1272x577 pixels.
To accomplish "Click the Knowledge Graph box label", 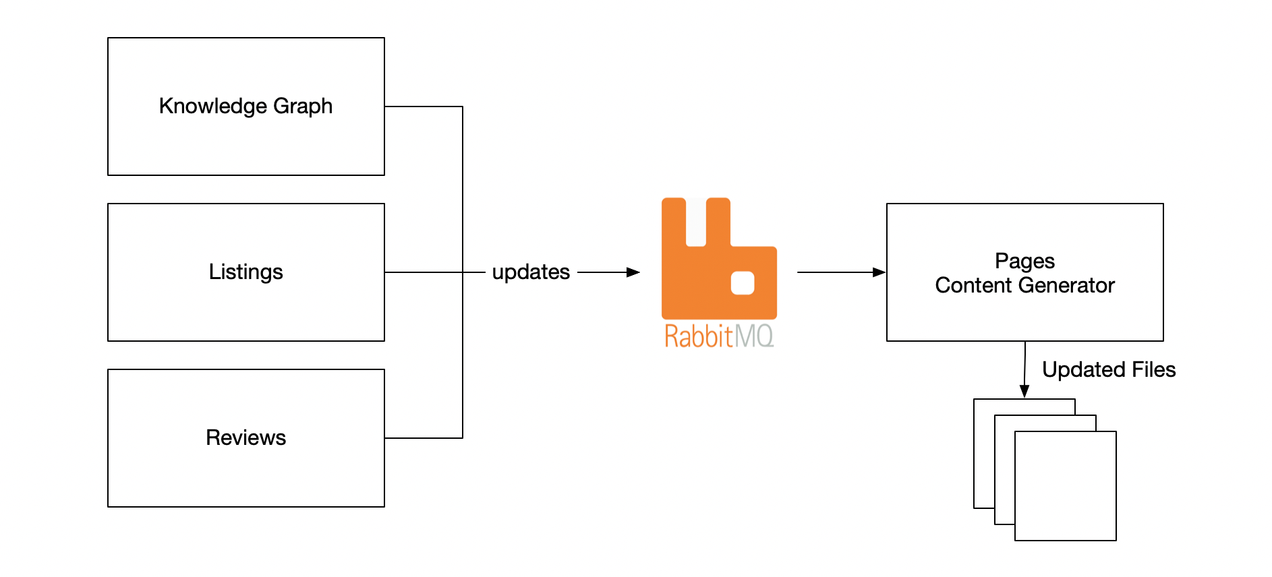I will click(x=245, y=106).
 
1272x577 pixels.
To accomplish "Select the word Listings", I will click(x=245, y=272).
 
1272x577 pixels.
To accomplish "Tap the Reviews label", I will click(x=245, y=437).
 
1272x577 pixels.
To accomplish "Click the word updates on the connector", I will click(x=531, y=272).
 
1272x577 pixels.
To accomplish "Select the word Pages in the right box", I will click(x=1024, y=261).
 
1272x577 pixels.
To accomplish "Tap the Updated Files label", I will click(x=1108, y=369).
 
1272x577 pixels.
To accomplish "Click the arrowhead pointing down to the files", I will click(x=1024, y=391).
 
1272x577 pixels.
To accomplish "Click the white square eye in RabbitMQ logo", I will click(x=743, y=283).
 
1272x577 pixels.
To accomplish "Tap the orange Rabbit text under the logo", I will click(x=698, y=336).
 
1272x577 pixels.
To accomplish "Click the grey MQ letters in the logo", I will click(x=754, y=336).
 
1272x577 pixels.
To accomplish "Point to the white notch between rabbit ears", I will click(x=696, y=222).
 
